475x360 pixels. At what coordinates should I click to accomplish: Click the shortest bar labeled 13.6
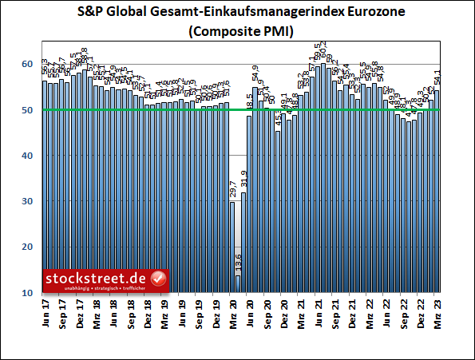(x=238, y=284)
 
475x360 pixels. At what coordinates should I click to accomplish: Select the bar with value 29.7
(x=232, y=247)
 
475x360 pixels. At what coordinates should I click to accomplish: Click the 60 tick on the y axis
(x=27, y=64)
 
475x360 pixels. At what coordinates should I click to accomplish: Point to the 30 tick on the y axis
(x=27, y=201)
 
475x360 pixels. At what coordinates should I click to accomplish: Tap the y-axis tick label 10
(x=27, y=293)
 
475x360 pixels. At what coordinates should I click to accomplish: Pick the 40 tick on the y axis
(x=27, y=156)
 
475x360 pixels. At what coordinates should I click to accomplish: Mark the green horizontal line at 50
(x=335, y=109)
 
